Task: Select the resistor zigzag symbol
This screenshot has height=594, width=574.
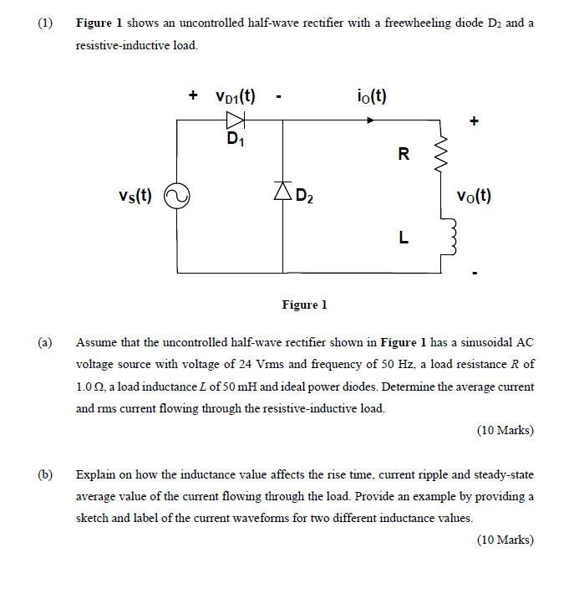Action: coord(442,153)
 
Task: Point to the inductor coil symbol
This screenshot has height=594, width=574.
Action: coord(442,237)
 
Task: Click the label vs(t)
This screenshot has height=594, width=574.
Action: coord(135,196)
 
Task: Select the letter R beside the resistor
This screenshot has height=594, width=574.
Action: coord(404,153)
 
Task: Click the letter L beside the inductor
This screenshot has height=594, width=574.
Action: coord(404,237)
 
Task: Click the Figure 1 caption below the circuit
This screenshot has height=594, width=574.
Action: coord(304,305)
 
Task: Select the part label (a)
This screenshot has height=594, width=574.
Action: coord(45,343)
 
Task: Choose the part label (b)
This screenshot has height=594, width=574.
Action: coord(45,474)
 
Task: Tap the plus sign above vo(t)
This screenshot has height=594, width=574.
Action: coord(475,122)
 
